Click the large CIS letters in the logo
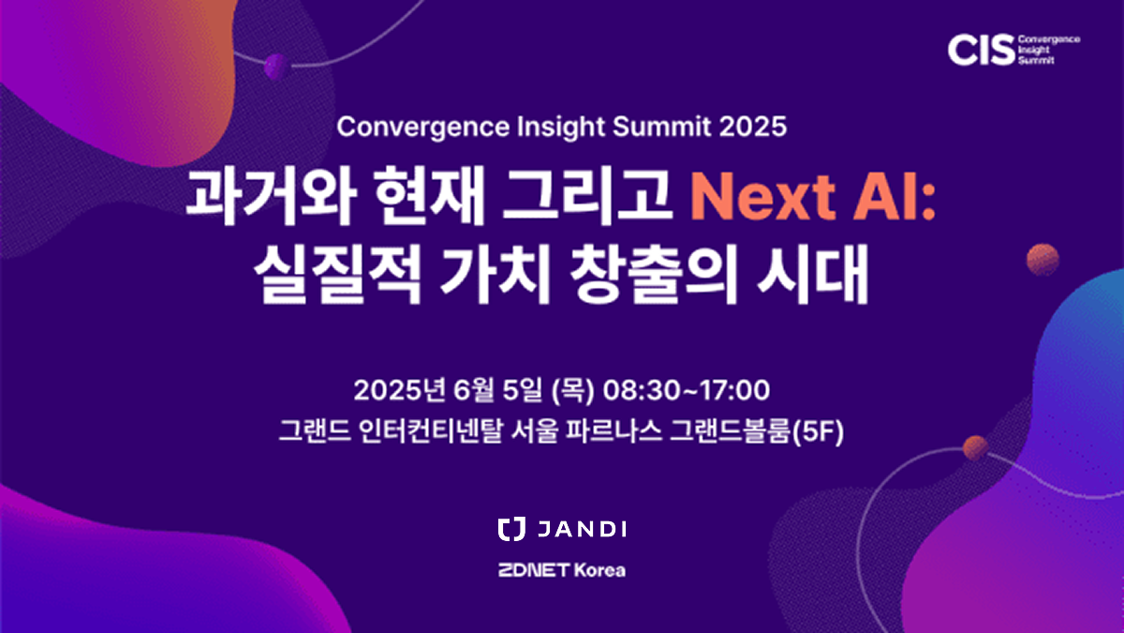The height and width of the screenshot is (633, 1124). click(x=981, y=50)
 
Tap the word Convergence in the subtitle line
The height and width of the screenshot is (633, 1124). click(x=423, y=128)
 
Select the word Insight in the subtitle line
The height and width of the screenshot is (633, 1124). click(x=561, y=128)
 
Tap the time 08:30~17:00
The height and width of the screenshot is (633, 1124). click(x=686, y=390)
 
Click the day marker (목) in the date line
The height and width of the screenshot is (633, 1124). click(x=572, y=391)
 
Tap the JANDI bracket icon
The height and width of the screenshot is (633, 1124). click(x=511, y=529)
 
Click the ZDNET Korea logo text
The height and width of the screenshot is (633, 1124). click(x=562, y=570)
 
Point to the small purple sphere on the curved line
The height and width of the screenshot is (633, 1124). click(x=277, y=66)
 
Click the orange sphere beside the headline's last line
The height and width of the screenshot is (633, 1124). click(x=1043, y=260)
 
